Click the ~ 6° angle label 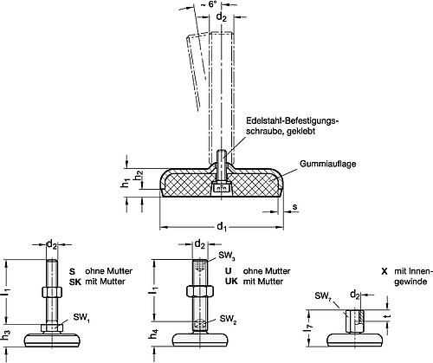pyautogui.click(x=213, y=5)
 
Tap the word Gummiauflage pyautogui.click(x=328, y=164)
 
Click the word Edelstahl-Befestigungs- pyautogui.click(x=292, y=120)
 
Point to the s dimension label pyautogui.click(x=294, y=207)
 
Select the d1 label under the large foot pyautogui.click(x=222, y=227)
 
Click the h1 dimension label pyautogui.click(x=125, y=183)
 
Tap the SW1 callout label pyautogui.click(x=81, y=318)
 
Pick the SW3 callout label pyautogui.click(x=227, y=256)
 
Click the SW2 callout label pyautogui.click(x=228, y=320)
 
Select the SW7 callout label pyautogui.click(x=323, y=296)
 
